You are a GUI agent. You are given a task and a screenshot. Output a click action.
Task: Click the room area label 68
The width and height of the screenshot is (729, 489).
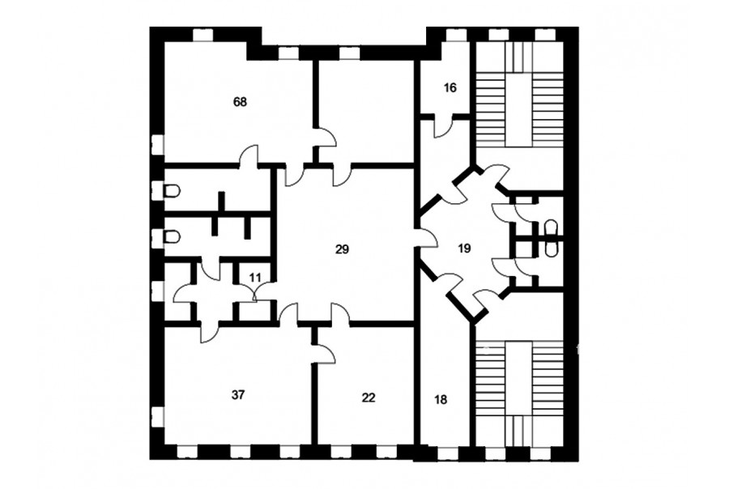click(240, 102)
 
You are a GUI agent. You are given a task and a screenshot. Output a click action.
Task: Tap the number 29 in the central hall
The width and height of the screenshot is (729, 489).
click(342, 249)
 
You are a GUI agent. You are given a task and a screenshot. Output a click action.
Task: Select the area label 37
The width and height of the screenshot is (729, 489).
click(237, 395)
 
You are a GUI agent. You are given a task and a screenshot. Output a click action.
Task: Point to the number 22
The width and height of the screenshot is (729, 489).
click(369, 398)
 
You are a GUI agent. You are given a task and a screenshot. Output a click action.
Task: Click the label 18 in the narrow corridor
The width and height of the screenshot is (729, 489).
click(441, 399)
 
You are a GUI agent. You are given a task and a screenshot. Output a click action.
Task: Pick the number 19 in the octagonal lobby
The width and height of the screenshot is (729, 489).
click(464, 249)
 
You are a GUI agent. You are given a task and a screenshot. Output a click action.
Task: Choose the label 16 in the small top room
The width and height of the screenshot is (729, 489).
click(450, 87)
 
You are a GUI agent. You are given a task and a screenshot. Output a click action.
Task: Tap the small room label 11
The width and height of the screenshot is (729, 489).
click(255, 278)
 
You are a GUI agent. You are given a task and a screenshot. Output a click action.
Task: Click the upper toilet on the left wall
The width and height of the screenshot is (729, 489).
click(173, 190)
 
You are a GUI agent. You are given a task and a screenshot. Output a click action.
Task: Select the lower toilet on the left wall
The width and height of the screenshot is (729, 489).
click(173, 237)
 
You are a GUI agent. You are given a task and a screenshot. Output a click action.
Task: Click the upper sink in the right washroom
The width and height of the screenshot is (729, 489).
click(551, 227)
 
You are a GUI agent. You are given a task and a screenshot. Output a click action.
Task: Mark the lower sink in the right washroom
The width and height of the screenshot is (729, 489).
click(551, 248)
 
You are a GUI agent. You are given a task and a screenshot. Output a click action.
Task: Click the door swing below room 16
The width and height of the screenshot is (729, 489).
click(444, 127)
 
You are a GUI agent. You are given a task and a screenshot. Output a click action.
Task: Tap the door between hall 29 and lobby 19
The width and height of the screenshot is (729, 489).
click(428, 238)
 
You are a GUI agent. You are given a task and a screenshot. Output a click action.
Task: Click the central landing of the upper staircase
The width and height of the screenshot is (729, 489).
click(518, 109)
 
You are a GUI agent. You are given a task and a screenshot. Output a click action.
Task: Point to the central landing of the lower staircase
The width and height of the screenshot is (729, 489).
click(518, 379)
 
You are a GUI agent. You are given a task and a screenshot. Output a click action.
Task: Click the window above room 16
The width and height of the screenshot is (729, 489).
click(452, 35)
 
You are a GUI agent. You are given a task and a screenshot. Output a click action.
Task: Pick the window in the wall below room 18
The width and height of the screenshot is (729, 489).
click(448, 453)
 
